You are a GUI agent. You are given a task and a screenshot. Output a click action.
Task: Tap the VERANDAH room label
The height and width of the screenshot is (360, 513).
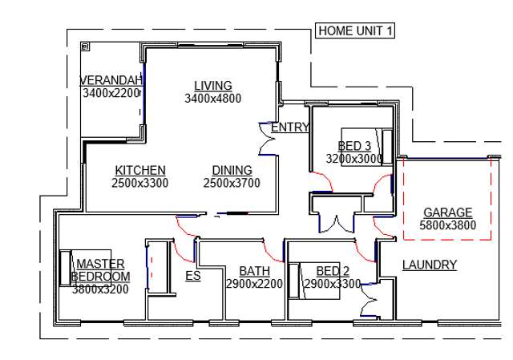[x=111, y=80]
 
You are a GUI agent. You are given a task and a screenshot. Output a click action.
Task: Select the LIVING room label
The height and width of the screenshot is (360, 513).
[x=212, y=86]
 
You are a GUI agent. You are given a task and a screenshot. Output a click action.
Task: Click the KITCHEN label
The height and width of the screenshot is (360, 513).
[x=140, y=170]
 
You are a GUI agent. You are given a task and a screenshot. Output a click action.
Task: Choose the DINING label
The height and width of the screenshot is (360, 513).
[x=232, y=170]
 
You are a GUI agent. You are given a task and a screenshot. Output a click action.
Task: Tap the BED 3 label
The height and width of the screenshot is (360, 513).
[x=354, y=146]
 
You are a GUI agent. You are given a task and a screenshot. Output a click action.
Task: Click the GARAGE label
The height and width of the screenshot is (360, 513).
[x=447, y=212]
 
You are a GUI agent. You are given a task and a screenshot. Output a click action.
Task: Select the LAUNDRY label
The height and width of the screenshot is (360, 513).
[x=429, y=265]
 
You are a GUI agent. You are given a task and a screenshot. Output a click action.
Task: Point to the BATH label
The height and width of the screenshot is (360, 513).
[x=254, y=271]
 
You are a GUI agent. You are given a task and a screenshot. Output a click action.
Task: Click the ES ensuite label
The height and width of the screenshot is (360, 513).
[x=192, y=276]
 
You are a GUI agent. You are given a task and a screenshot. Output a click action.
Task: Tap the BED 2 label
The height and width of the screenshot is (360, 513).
[x=333, y=271]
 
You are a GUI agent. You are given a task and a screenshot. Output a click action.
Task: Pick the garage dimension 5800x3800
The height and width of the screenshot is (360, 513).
[x=447, y=225]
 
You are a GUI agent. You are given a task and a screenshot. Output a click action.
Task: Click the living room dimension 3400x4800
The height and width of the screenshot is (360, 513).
[x=212, y=99]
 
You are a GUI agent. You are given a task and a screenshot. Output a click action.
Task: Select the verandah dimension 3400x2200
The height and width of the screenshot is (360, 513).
[x=111, y=93]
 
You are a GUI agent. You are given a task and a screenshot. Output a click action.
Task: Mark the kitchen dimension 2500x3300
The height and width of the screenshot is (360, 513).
[x=140, y=183]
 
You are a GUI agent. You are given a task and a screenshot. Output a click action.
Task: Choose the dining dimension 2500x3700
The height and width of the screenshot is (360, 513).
[x=232, y=183]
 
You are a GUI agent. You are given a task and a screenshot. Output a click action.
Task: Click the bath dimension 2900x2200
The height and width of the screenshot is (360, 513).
[x=254, y=284]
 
